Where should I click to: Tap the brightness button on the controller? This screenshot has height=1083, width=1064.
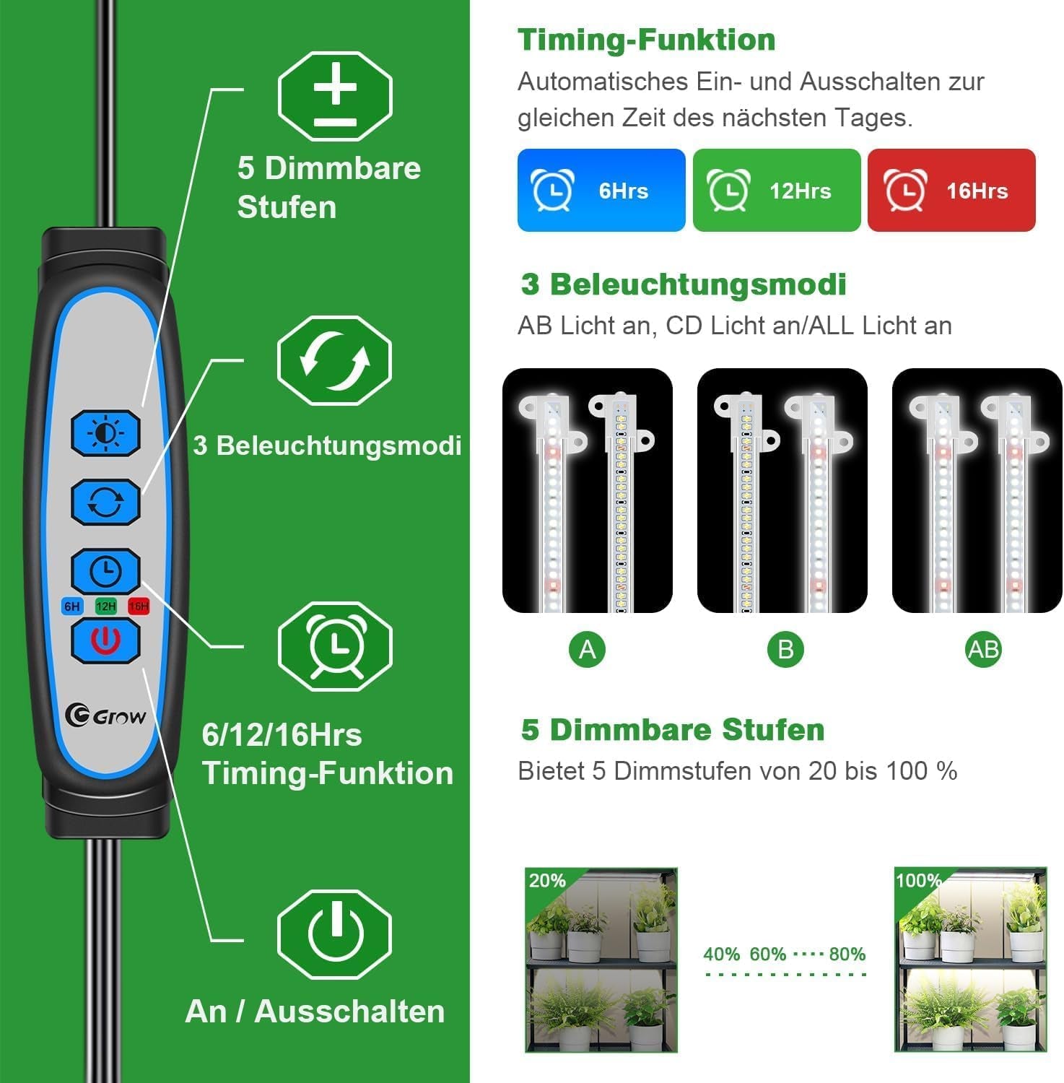coord(105,433)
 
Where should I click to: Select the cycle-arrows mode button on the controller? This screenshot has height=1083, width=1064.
coord(105,502)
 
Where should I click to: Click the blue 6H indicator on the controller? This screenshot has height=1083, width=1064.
coord(72,606)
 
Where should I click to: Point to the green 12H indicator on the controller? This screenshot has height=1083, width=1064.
coord(105,606)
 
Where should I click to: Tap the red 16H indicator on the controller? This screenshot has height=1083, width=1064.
coord(138,606)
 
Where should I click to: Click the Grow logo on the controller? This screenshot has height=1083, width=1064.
coord(105,716)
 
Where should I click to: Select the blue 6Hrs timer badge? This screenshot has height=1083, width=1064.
coord(601,191)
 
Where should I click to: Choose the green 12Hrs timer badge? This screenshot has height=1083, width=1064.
coord(777,191)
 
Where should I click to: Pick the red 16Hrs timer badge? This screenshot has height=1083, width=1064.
coord(951,191)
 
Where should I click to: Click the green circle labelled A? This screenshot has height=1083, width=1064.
coord(587,650)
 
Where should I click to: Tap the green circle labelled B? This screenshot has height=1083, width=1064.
coord(785,650)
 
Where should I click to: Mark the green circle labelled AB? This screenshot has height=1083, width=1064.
coord(983,650)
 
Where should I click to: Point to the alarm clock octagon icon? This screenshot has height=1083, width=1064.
coord(335,646)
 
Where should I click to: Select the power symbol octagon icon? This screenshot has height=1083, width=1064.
coord(335,934)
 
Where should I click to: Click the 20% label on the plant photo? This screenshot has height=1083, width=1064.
coord(547,881)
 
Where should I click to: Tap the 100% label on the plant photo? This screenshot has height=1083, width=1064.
coord(918,881)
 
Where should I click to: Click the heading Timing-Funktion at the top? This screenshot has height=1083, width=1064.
coord(646,40)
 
